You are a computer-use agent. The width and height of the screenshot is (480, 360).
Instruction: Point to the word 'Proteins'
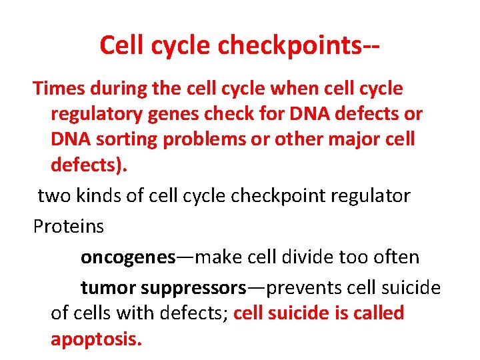(x=69, y=226)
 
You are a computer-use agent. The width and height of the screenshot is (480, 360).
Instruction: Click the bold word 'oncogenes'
(x=128, y=257)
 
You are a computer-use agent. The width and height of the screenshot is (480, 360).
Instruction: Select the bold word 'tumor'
(x=108, y=288)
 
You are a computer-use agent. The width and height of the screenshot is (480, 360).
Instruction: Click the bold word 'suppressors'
(x=193, y=288)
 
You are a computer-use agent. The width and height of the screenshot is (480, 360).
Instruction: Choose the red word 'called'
(x=377, y=313)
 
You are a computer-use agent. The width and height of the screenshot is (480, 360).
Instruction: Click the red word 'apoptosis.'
(x=96, y=339)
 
